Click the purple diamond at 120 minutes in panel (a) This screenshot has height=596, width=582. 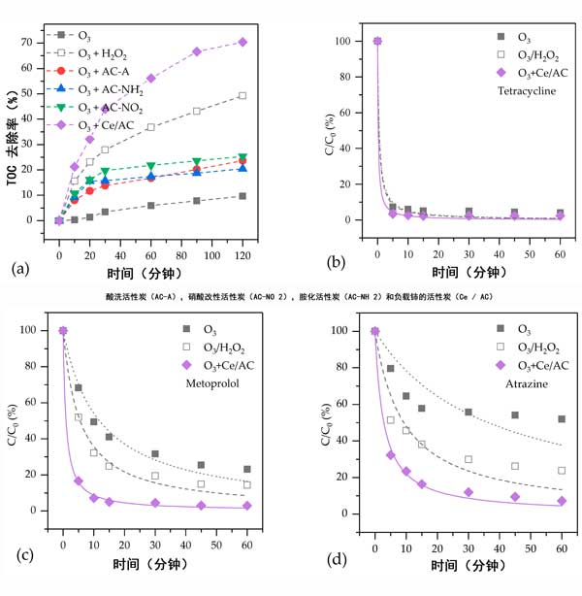[x=242, y=42]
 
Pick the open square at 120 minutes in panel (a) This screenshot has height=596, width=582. [x=242, y=95]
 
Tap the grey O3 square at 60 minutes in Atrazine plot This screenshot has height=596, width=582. [x=562, y=419]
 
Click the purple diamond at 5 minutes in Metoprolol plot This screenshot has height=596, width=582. [x=79, y=480]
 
